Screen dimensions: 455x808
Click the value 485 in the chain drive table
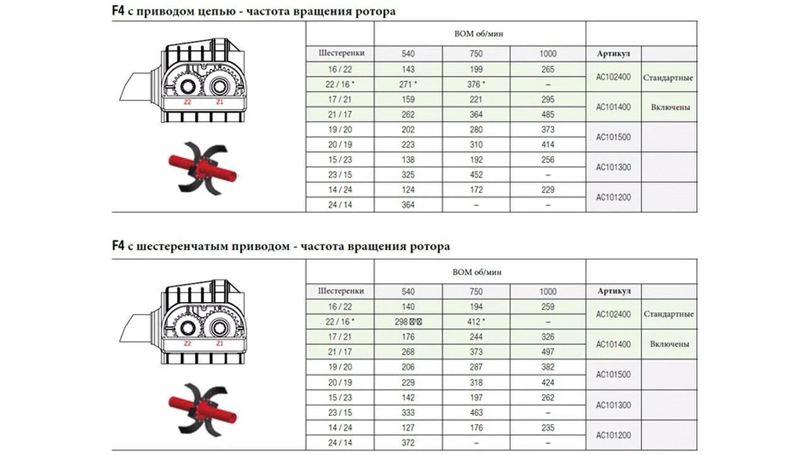[548, 115]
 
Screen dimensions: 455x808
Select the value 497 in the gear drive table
[548, 352]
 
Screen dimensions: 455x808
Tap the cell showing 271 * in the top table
[408, 84]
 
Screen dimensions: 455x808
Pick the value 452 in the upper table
[477, 175]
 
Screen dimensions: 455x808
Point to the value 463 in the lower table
[477, 413]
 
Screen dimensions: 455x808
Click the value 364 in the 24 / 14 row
[408, 205]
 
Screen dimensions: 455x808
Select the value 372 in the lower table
[408, 443]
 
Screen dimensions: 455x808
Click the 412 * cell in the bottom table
[477, 322]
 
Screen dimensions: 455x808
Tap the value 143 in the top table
[408, 69]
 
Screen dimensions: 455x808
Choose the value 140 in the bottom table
[408, 306]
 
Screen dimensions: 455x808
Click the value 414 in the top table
[548, 145]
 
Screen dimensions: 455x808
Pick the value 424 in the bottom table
[548, 382]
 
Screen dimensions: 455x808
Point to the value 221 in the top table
[477, 99]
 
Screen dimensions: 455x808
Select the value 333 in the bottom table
[408, 413]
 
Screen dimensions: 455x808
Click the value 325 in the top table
[408, 175]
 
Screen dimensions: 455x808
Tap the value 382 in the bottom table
[548, 367]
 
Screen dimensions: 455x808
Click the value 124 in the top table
[408, 190]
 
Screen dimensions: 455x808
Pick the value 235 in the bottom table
[548, 428]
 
